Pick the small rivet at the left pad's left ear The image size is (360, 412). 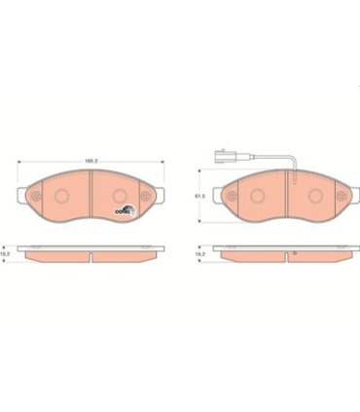[35, 202]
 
